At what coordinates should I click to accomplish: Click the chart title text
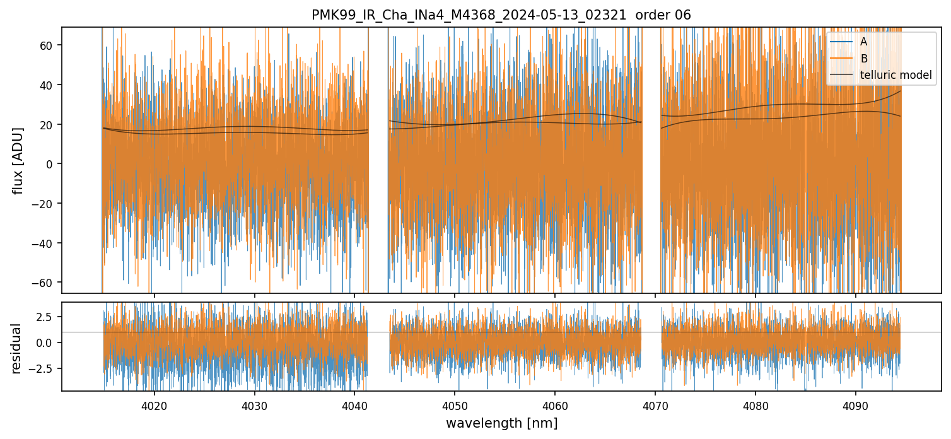point(501,15)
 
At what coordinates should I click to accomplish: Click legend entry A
point(864,42)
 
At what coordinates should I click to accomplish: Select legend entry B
point(864,59)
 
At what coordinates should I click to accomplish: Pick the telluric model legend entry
point(896,75)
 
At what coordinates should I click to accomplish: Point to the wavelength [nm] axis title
point(501,423)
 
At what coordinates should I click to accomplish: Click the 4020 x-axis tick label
point(154,404)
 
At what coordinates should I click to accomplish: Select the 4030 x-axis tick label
point(254,404)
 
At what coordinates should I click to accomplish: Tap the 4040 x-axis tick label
point(354,404)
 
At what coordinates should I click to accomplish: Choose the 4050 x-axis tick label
point(454,404)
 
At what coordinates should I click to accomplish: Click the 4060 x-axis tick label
point(554,404)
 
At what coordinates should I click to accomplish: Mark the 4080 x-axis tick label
point(755,404)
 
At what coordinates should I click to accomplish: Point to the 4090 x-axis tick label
point(855,404)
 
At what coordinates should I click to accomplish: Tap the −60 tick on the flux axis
point(46,282)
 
